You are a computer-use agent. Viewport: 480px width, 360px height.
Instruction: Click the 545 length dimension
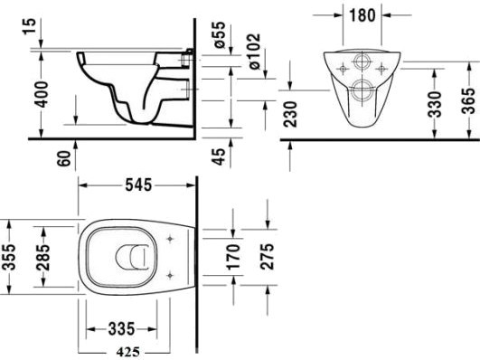[138, 185]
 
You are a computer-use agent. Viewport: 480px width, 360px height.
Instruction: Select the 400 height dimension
[41, 94]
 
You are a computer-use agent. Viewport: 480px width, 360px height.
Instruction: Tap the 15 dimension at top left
[30, 26]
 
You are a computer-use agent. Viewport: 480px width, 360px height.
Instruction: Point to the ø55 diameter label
[219, 34]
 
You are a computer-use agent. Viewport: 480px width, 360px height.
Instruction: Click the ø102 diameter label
[254, 52]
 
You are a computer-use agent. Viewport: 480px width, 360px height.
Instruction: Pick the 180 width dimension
[362, 15]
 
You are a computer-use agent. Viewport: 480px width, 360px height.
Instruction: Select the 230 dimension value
[290, 114]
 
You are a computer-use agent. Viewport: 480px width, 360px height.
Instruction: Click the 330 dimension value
[435, 104]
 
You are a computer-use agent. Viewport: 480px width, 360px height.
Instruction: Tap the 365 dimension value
[468, 100]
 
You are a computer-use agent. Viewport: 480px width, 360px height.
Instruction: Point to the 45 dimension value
[219, 156]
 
